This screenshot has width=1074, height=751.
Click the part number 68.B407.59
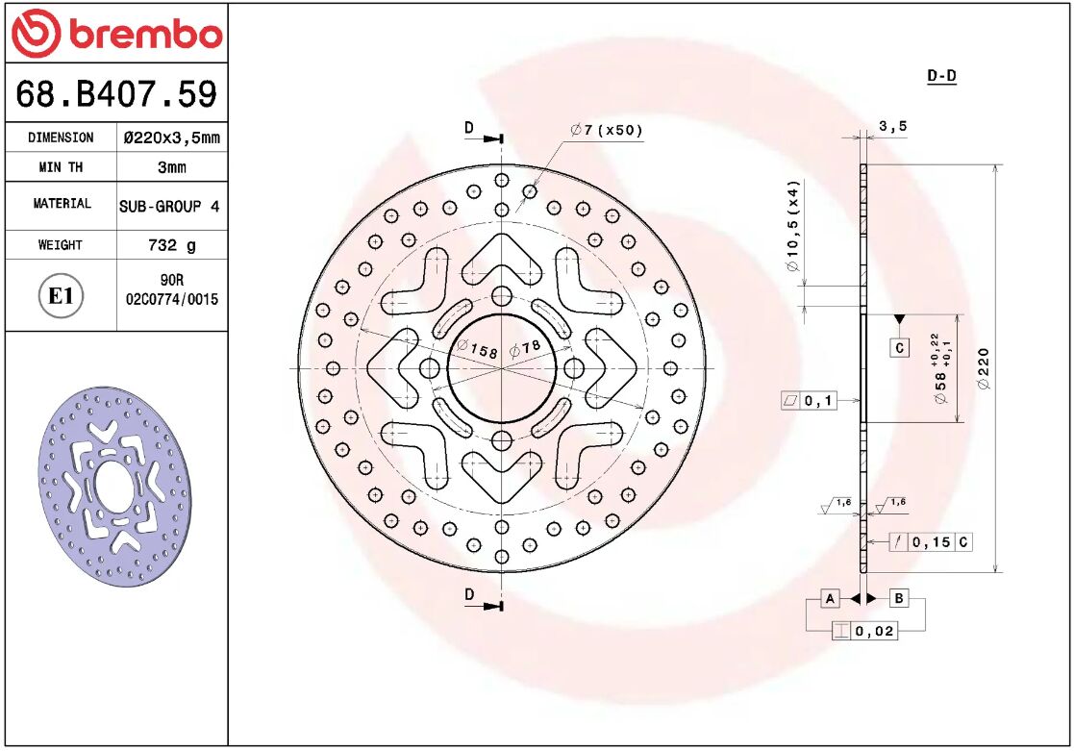point(115,94)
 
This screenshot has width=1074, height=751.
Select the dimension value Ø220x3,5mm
point(171,138)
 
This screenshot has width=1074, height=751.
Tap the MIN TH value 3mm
point(171,167)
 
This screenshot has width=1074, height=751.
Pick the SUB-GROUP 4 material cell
point(171,206)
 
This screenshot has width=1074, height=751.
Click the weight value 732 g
point(171,245)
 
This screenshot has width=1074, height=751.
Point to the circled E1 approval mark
point(61,296)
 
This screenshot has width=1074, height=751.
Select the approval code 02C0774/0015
point(172,299)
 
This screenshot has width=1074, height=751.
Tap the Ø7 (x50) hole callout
point(606,131)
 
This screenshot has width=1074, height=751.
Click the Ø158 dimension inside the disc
point(478,350)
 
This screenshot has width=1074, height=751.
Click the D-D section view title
point(941,76)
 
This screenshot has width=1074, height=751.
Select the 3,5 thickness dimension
point(892,125)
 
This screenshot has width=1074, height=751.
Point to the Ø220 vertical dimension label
point(983,368)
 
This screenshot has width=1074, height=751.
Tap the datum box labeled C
point(899,348)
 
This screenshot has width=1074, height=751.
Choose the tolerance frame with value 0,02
point(864,632)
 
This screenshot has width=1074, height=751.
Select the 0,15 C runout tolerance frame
point(930,542)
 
